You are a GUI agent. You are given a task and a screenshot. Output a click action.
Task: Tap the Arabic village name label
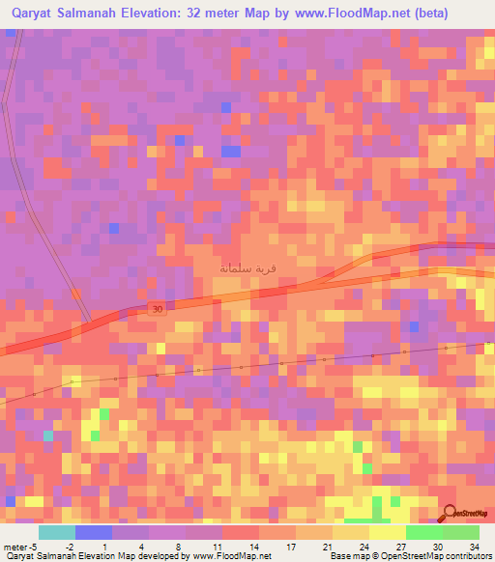pos(243,267)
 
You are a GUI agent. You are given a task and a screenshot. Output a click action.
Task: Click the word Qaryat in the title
pos(37,14)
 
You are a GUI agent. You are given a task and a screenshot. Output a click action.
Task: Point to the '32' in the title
pos(193,14)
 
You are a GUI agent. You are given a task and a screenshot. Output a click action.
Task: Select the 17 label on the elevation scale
pos(287,546)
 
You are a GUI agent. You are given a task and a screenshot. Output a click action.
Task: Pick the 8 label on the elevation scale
pos(178,546)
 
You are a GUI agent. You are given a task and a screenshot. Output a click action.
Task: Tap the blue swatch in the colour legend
pos(93,532)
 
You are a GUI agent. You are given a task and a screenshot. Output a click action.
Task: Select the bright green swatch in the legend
pos(423,532)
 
